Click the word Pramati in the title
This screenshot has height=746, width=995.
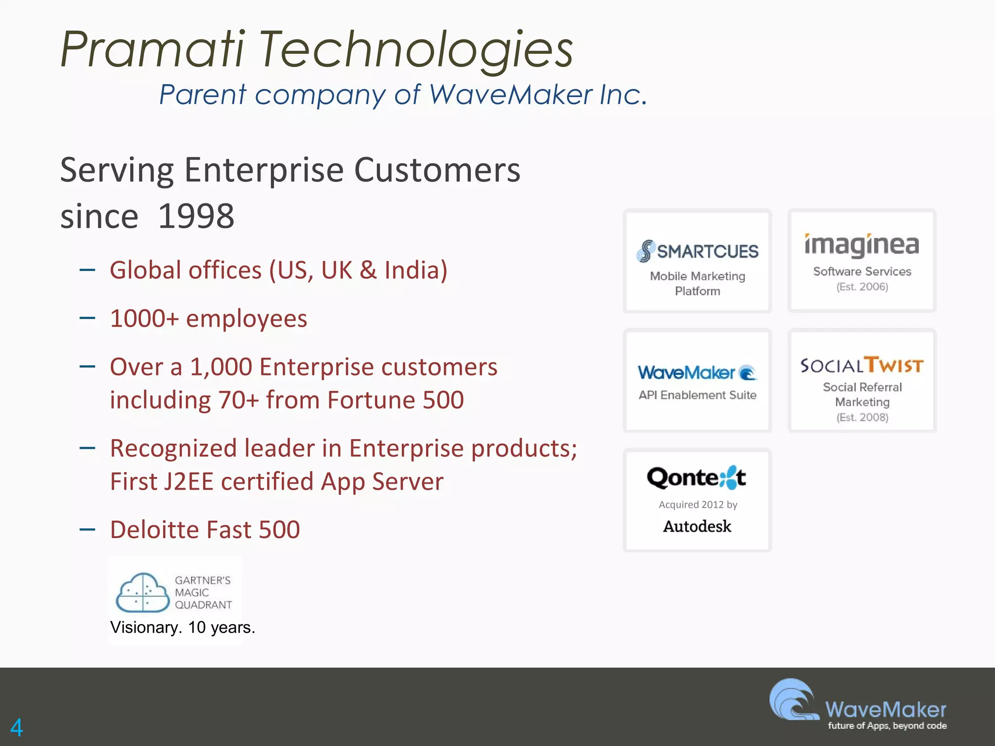tap(152, 50)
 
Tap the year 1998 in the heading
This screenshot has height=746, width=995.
tap(196, 216)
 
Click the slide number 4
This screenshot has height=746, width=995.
tap(17, 728)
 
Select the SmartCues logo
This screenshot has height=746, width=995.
tap(697, 251)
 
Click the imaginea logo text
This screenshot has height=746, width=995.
tap(861, 245)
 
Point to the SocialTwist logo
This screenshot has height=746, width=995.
tap(861, 365)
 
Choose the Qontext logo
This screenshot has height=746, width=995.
tap(696, 478)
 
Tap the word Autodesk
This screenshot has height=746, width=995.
tap(697, 526)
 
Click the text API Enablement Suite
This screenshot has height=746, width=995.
tap(697, 395)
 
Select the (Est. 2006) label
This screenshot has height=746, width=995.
tap(862, 287)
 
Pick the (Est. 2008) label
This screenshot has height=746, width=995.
tap(862, 418)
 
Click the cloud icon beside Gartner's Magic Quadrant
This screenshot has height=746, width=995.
tap(142, 593)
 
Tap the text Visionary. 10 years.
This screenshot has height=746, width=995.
tap(182, 627)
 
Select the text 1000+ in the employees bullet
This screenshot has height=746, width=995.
tap(144, 319)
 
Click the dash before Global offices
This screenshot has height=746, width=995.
tap(87, 270)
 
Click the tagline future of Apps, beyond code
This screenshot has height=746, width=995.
tap(887, 726)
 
